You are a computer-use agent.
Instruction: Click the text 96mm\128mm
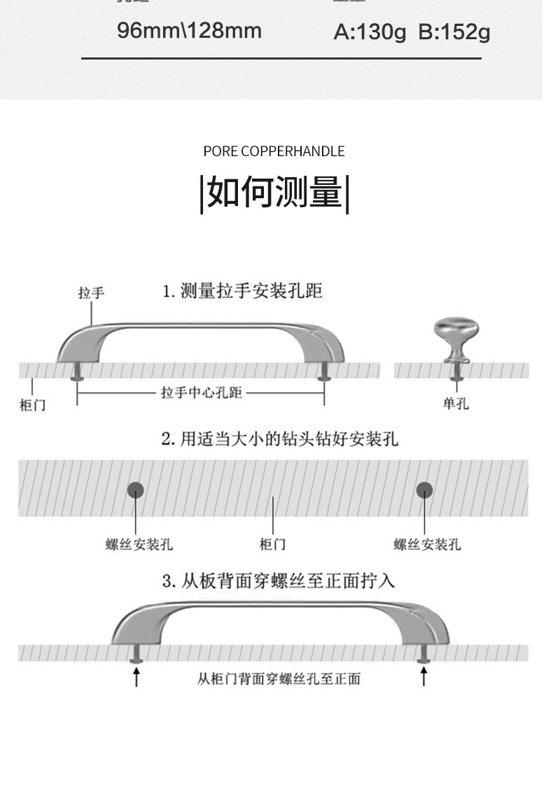click(189, 31)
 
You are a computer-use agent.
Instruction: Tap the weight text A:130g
click(370, 32)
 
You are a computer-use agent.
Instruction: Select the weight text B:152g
click(454, 32)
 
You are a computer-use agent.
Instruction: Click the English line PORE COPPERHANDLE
click(274, 151)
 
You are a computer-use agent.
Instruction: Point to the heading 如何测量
click(274, 193)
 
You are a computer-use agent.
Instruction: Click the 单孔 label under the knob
click(456, 403)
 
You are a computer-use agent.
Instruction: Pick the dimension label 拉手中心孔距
click(202, 393)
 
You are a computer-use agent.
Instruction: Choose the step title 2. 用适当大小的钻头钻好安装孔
click(280, 439)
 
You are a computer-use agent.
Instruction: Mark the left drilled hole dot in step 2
click(135, 490)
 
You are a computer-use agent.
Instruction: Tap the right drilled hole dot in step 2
click(424, 490)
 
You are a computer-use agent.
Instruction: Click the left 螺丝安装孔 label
click(139, 544)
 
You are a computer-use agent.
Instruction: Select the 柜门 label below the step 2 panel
click(273, 544)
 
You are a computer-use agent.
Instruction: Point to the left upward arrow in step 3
click(136, 677)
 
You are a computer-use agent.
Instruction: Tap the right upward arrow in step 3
click(423, 677)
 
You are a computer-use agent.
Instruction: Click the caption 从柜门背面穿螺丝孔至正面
click(279, 678)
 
